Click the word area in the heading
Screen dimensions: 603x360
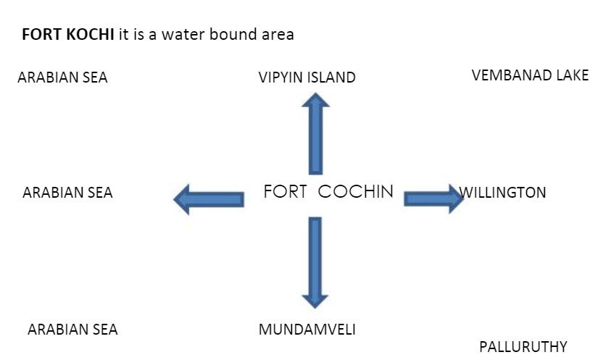click(x=277, y=35)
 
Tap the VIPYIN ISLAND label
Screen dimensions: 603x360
click(x=307, y=78)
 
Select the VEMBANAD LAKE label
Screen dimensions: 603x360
click(x=530, y=75)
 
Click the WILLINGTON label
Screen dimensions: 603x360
click(x=503, y=193)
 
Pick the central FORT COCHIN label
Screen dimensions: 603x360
click(x=328, y=192)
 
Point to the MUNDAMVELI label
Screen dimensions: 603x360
click(x=307, y=330)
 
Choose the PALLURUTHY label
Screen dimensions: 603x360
click(x=523, y=347)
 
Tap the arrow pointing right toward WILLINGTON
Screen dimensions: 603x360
click(x=433, y=198)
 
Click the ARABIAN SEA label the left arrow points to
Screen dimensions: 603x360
click(x=67, y=193)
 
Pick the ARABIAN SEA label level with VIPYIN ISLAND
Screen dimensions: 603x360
click(x=62, y=78)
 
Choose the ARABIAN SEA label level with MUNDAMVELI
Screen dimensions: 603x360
click(x=72, y=330)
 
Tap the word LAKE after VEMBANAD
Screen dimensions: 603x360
click(x=573, y=75)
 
